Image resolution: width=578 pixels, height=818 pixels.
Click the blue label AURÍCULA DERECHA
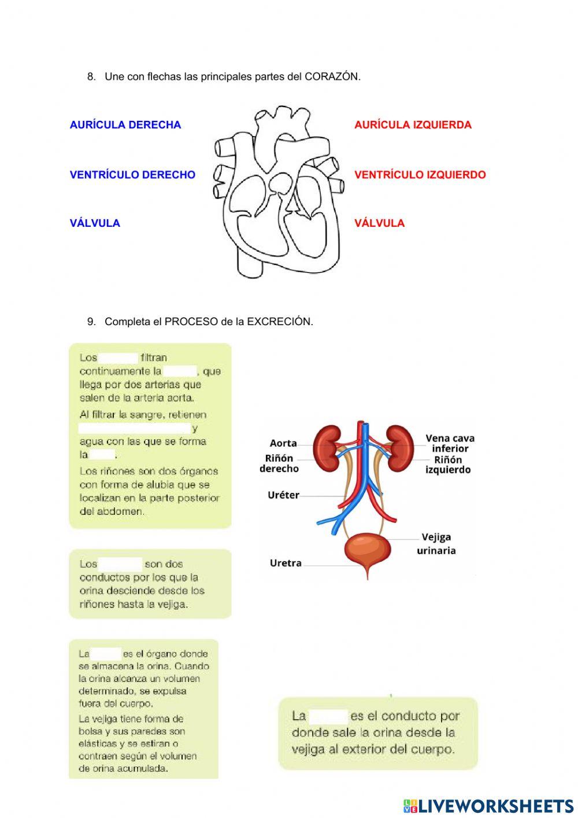coord(125,124)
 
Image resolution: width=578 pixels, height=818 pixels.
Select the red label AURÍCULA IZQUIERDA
coord(413,124)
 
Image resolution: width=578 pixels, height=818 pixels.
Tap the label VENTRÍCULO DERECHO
coord(132,174)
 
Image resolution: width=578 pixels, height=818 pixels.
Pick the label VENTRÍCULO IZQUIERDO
coord(420,174)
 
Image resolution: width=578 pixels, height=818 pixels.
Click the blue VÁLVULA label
coord(95,223)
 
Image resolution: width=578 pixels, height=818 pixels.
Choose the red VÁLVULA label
coord(379,223)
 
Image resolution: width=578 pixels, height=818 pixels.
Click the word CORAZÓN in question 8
coord(332,76)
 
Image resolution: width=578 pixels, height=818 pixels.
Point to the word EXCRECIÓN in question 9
coord(279,322)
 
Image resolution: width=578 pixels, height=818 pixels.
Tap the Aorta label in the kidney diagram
coord(283,443)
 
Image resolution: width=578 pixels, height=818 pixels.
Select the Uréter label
coord(283,495)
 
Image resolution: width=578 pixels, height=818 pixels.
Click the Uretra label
coord(286,563)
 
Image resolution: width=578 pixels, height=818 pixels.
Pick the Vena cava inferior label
coord(450,443)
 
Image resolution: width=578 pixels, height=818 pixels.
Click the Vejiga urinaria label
coord(436,544)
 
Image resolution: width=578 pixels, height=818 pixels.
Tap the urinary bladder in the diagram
coord(367,550)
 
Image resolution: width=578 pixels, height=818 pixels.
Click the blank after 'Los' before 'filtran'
coord(118,358)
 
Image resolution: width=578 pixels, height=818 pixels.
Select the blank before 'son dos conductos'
coord(120,563)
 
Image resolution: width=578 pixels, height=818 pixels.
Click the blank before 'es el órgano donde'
coord(106,654)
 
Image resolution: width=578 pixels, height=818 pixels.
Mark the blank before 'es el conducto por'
coord(328,716)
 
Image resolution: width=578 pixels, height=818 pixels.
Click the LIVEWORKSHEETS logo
coord(488,806)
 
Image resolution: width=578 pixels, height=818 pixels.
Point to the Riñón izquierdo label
coord(448,465)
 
